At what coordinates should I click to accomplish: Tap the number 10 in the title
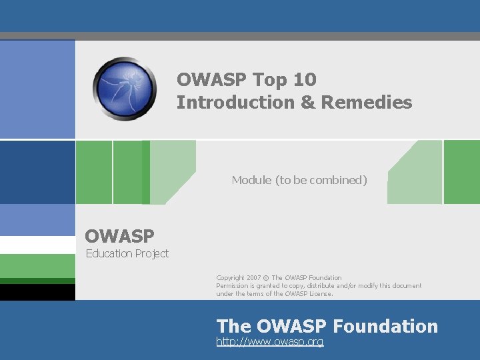pos(304,80)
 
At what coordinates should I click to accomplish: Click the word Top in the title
pos(270,80)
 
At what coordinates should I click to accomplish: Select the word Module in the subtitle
pos(251,180)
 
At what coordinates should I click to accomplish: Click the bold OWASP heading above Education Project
pos(119,236)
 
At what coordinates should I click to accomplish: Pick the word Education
pos(109,253)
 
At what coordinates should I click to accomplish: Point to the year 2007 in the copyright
pos(254,277)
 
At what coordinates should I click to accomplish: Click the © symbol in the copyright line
pos(265,277)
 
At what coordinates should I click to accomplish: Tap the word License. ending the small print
pos(319,293)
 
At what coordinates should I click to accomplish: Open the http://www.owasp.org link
pos(270,341)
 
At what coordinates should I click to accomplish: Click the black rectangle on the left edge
pos(37,292)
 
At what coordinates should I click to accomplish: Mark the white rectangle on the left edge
pos(37,245)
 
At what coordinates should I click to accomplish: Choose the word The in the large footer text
pos(233,326)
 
